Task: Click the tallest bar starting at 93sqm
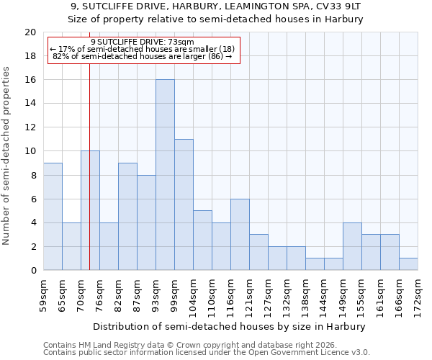click(165, 175)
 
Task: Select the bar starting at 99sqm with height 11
click(184, 204)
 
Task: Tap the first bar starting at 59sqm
click(53, 217)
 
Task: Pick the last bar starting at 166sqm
click(408, 264)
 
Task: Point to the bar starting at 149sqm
click(352, 246)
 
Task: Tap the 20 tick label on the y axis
click(30, 32)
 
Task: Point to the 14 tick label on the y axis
click(30, 104)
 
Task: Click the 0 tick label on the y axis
click(33, 271)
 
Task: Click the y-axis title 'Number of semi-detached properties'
click(6, 156)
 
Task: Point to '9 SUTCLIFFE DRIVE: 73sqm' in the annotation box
click(143, 42)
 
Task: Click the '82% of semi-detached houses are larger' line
click(143, 56)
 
